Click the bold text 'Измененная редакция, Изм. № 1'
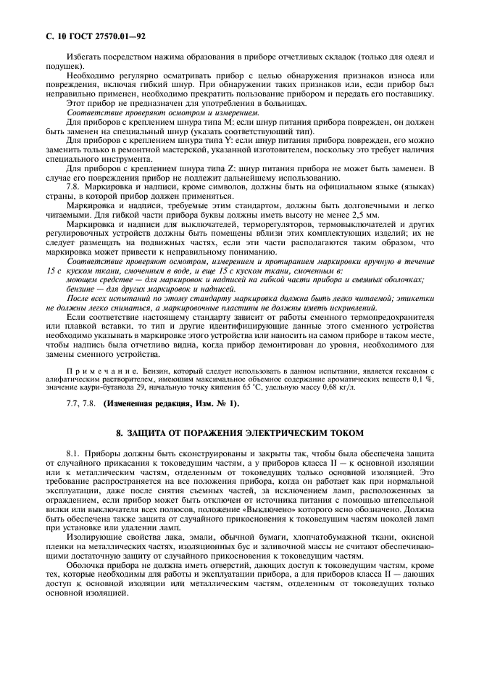170,403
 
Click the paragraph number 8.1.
75,452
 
